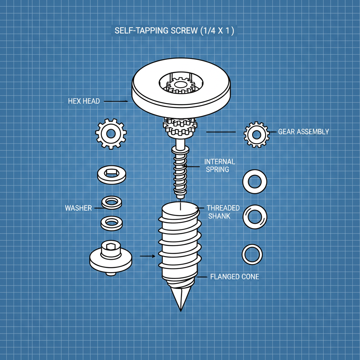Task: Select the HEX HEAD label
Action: [84, 101]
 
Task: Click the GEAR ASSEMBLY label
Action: [303, 132]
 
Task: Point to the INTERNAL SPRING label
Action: [220, 165]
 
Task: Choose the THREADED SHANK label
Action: [223, 212]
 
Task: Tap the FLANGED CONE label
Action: [234, 277]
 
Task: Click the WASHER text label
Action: [78, 208]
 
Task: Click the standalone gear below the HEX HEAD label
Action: [111, 134]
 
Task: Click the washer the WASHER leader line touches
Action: [112, 202]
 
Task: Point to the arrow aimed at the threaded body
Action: [147, 256]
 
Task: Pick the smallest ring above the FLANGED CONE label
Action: [252, 254]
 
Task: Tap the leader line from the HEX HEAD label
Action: [116, 101]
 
